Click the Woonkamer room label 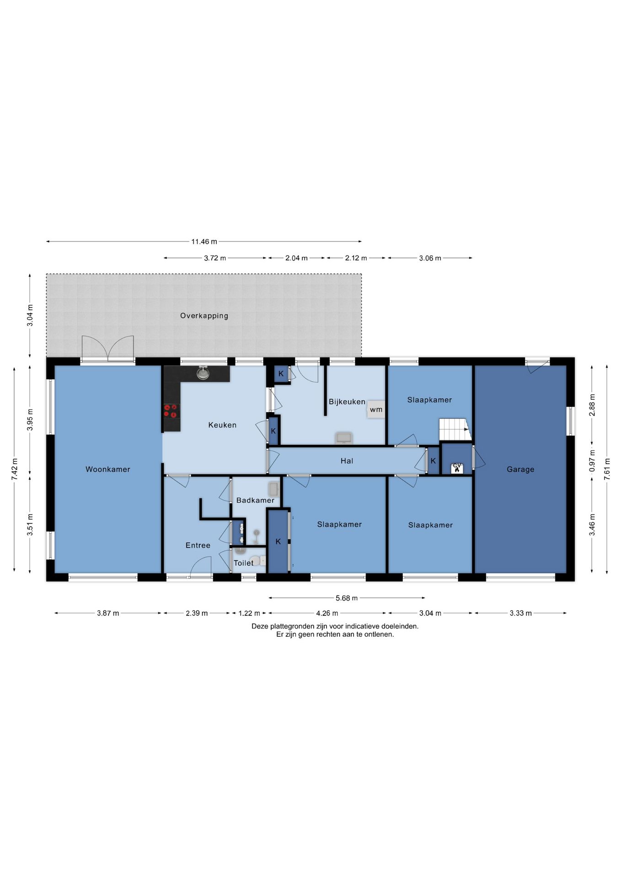point(108,469)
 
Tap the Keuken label point(222,425)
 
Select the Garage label point(520,469)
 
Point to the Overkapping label point(204,316)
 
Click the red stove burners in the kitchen point(171,411)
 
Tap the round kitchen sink point(203,374)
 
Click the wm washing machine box point(376,410)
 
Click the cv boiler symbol point(457,468)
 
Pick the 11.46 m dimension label point(204,241)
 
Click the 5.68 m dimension point(347,598)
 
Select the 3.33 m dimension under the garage point(520,613)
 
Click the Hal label point(347,461)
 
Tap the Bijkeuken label point(347,402)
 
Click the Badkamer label point(255,500)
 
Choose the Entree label point(198,545)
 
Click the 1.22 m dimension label point(249,613)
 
